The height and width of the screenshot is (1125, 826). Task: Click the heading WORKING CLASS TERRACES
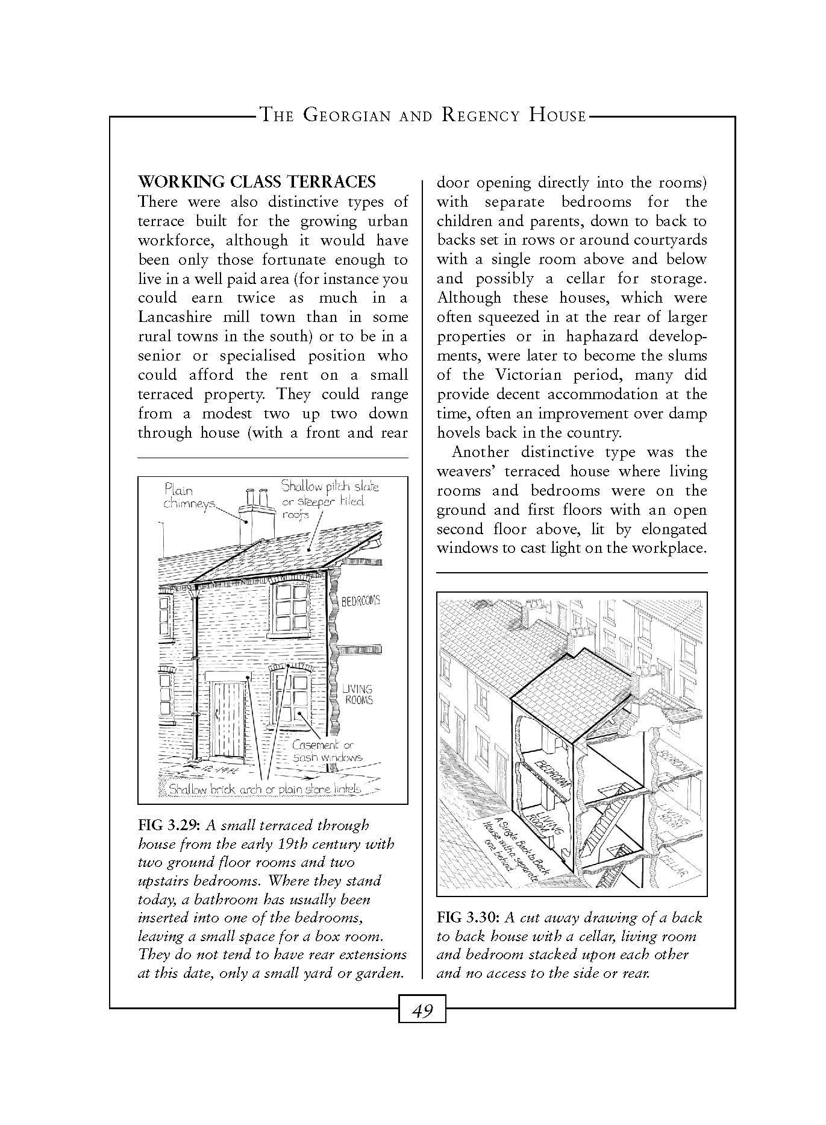point(257,181)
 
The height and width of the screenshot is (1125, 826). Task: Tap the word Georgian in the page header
point(345,115)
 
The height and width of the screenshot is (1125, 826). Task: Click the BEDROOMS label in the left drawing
point(361,601)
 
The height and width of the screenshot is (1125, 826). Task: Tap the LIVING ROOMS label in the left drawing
point(358,694)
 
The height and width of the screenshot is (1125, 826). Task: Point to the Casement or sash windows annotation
point(327,751)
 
